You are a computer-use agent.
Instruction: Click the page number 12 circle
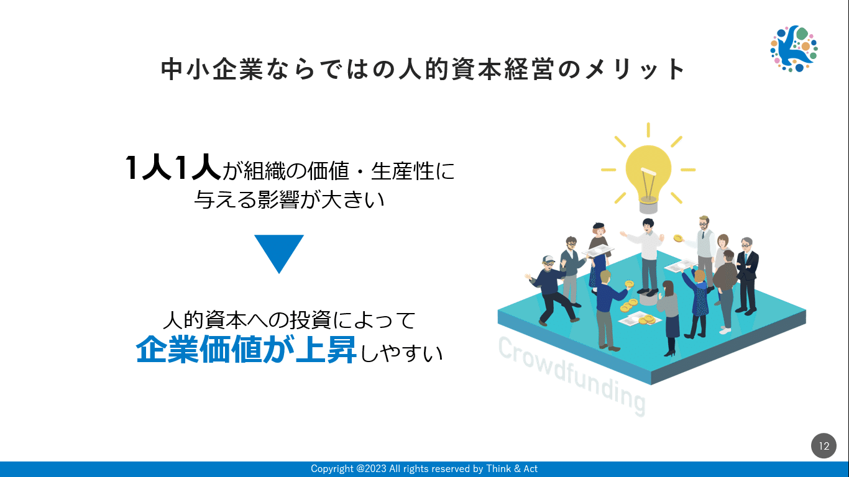[x=824, y=445]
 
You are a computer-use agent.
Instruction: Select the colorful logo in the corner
[x=794, y=48]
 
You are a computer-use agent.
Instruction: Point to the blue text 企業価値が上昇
[x=246, y=349]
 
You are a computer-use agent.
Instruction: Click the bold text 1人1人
[x=173, y=168]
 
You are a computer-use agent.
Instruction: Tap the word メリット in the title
[x=635, y=70]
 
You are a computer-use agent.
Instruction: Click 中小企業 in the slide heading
[x=212, y=70]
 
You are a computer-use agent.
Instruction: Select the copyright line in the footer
[x=424, y=469]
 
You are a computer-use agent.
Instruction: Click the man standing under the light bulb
[x=646, y=257]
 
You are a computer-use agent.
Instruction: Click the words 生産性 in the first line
[x=402, y=171]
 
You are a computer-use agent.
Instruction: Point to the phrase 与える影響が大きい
[x=289, y=199]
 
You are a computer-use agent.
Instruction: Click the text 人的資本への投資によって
[x=289, y=320]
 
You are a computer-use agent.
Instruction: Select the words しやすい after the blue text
[x=401, y=353]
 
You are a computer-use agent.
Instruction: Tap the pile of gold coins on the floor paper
[x=646, y=320]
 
